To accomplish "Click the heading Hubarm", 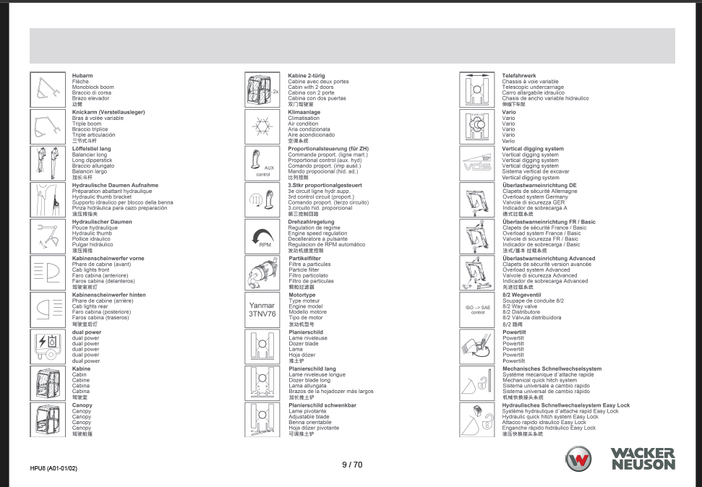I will (x=82, y=76).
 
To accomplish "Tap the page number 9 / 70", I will (x=351, y=465).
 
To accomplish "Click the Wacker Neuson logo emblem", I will (x=578, y=460).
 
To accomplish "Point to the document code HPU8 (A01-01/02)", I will (x=53, y=468).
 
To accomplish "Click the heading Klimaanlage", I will (x=304, y=113).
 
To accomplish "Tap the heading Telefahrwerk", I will (x=519, y=76).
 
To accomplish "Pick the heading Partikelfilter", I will (x=304, y=259).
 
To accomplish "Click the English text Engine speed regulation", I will (x=317, y=234).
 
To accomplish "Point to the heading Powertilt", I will (x=513, y=332).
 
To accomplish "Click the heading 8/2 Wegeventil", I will (x=522, y=296).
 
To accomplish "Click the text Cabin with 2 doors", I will (x=310, y=87).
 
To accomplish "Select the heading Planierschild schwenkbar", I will (x=322, y=405).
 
